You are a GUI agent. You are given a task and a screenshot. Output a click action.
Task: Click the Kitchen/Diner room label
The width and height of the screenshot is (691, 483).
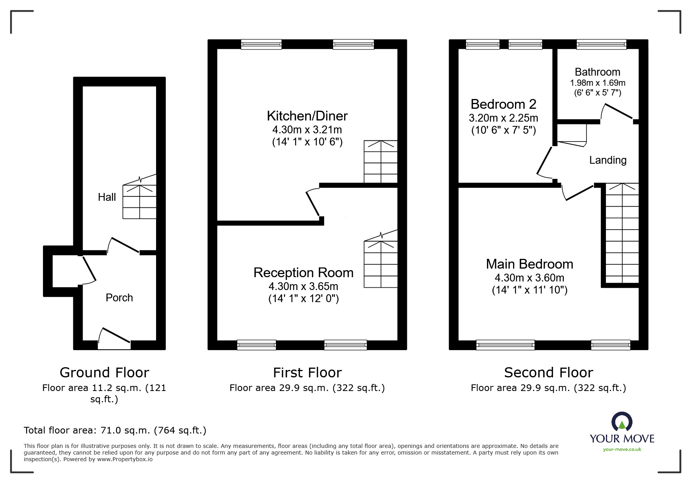[x=307, y=116]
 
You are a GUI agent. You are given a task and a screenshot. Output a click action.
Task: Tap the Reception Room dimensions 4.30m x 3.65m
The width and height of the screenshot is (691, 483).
[x=303, y=287]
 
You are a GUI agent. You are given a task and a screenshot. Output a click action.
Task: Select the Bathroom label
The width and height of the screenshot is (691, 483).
[x=597, y=72]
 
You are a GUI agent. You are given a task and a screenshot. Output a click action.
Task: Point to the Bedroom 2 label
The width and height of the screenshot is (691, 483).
[x=503, y=104]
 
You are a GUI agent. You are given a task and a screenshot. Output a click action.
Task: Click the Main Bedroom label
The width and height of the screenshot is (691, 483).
[x=529, y=264]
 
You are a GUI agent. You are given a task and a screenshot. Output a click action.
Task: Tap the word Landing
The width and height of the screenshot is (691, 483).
[x=608, y=160]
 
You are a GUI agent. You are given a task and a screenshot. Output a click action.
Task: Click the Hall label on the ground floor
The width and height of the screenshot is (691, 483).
[x=107, y=197]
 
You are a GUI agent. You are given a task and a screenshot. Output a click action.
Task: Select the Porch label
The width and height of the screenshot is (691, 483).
[x=119, y=297]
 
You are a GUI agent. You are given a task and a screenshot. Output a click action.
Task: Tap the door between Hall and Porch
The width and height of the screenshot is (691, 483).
[x=123, y=246]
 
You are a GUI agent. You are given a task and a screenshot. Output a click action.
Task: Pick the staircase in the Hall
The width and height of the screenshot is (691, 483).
[x=139, y=201]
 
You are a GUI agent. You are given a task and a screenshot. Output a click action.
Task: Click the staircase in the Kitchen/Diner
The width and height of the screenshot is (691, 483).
[x=380, y=162]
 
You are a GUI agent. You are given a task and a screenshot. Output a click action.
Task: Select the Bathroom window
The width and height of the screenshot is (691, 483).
[x=601, y=44]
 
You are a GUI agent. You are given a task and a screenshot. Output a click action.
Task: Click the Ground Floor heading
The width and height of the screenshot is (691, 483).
[x=104, y=372]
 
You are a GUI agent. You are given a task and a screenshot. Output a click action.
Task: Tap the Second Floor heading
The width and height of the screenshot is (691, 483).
[x=548, y=372]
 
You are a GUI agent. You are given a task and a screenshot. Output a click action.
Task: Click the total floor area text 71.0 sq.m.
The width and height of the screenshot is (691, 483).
[x=115, y=430]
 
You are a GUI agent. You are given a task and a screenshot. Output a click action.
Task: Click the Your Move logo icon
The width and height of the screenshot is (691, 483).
[x=622, y=422]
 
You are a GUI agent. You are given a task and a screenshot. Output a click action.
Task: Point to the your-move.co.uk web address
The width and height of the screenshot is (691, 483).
[x=622, y=449]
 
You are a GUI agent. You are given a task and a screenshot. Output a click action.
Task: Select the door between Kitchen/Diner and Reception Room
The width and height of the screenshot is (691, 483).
[x=313, y=203]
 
